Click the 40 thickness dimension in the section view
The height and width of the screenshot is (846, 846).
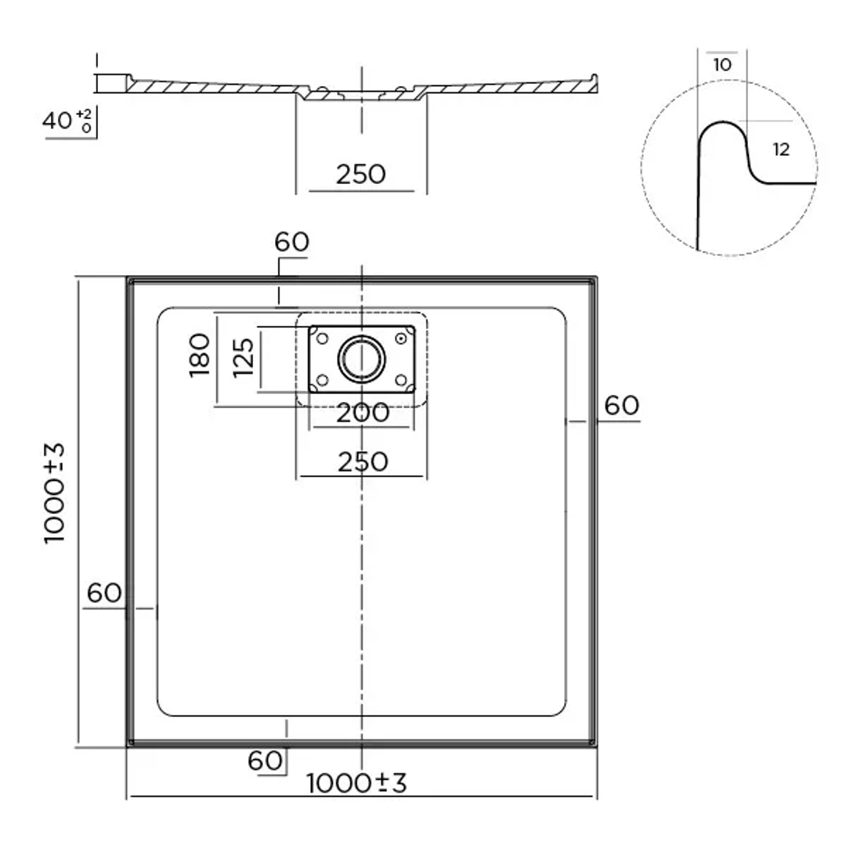[x=58, y=121]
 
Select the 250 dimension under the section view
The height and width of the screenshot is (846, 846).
[x=361, y=174]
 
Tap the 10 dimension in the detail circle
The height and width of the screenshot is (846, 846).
[x=722, y=65]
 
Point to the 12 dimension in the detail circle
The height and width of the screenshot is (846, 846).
[x=781, y=150]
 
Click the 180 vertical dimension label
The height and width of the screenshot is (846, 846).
[x=201, y=355]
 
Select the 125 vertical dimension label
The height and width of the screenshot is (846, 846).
[x=245, y=357]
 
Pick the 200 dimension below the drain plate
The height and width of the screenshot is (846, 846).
[x=361, y=413]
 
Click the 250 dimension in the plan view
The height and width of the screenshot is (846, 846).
[x=361, y=462]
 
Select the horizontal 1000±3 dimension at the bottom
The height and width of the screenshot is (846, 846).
[x=357, y=783]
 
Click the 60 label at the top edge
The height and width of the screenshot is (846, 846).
[x=292, y=242]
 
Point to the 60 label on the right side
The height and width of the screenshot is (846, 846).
[x=622, y=406]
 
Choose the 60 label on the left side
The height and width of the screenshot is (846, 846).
[x=104, y=593]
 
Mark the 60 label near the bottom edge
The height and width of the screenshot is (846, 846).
[x=265, y=760]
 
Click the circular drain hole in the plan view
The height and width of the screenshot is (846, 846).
[x=361, y=359]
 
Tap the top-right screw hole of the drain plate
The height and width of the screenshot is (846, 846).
[x=402, y=338]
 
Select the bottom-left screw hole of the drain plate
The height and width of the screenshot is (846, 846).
[x=321, y=381]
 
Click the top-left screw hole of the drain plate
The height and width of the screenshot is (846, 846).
[x=321, y=338]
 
